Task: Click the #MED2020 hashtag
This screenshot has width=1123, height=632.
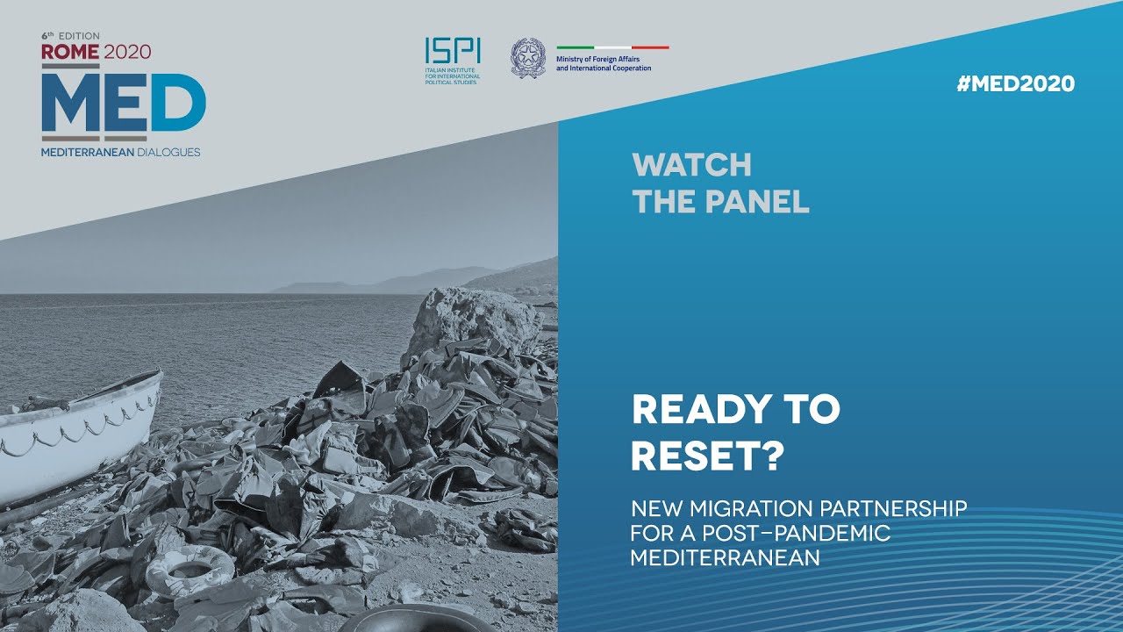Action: pyautogui.click(x=1015, y=84)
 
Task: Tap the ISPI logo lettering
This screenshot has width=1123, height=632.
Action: pyautogui.click(x=440, y=51)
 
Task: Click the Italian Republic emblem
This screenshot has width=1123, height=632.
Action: pyautogui.click(x=528, y=57)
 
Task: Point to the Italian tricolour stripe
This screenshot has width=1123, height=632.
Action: pyautogui.click(x=612, y=47)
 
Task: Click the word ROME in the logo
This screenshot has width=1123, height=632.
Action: pyautogui.click(x=70, y=52)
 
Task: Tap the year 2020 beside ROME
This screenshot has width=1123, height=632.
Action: pyautogui.click(x=127, y=52)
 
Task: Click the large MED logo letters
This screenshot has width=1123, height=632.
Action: pyautogui.click(x=123, y=104)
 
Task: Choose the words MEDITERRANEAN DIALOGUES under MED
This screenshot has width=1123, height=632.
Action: pyautogui.click(x=120, y=152)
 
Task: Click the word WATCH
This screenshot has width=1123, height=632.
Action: pyautogui.click(x=691, y=165)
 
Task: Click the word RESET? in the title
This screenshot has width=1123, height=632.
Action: pyautogui.click(x=708, y=456)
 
